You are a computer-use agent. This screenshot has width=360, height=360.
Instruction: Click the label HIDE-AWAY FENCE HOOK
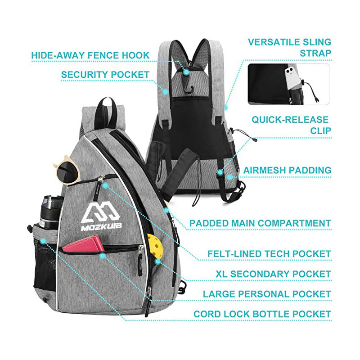pos(90,55)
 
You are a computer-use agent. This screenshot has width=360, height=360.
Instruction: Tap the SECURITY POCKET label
pos(105,74)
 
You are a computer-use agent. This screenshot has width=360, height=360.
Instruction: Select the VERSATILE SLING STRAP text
pos(289,48)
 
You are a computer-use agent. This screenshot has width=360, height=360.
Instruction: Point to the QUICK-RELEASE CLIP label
pos(290,126)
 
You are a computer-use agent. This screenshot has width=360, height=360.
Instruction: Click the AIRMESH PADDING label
pos(287,171)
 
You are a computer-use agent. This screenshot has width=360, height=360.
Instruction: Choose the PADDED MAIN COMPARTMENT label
pos(260,223)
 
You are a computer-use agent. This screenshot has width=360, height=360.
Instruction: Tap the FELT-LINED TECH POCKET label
pos(269,253)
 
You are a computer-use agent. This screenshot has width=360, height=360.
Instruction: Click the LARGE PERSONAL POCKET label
pos(267,294)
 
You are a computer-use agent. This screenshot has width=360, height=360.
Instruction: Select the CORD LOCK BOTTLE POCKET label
pos(262,314)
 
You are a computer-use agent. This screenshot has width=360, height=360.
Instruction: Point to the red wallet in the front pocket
pos(83,245)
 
